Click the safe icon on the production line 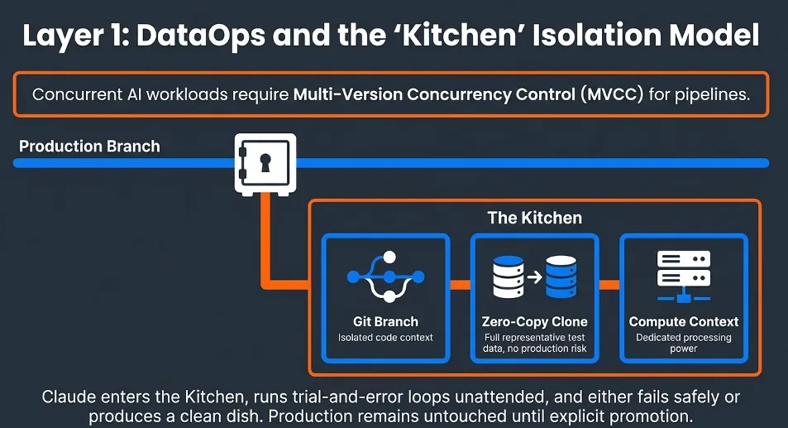tap(264, 163)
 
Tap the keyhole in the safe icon tap(265, 162)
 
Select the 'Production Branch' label tap(89, 147)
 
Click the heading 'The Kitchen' tap(534, 219)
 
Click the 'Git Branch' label tap(385, 321)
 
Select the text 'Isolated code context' tap(385, 337)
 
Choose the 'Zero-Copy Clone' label tap(534, 321)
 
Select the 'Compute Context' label tap(684, 321)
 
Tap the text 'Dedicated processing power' tap(683, 343)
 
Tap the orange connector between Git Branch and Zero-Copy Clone tap(460, 285)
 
